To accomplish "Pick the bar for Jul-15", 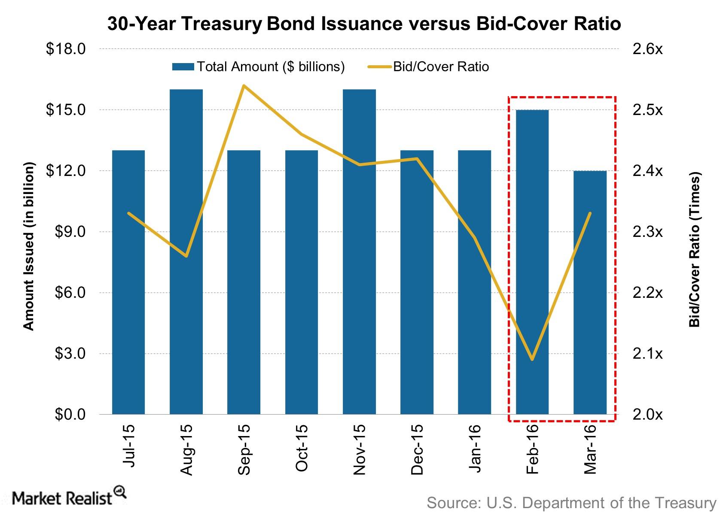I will (128, 283).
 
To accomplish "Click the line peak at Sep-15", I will (244, 85).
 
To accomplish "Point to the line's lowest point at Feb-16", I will (532, 359).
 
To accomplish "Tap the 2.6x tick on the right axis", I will (647, 49).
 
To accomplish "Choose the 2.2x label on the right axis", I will (647, 293).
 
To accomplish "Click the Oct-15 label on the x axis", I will (302, 448).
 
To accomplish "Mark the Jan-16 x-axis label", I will (475, 448).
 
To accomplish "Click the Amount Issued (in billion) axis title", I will (28, 246).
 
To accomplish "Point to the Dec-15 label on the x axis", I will (417, 449).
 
